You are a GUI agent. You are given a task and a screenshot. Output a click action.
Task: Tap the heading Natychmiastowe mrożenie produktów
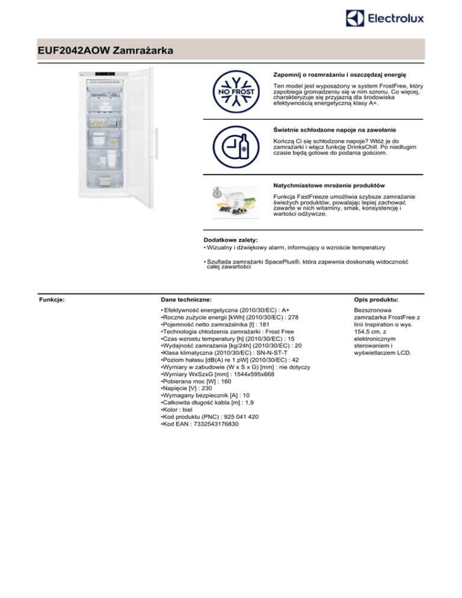[329, 184]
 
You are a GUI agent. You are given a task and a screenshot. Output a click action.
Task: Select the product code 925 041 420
[238, 416]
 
